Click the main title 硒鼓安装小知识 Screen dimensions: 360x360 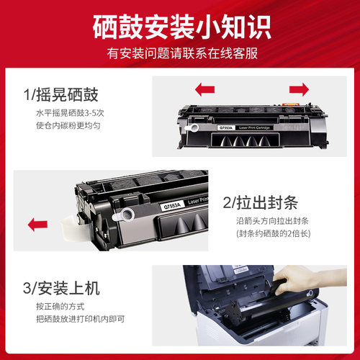181,27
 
